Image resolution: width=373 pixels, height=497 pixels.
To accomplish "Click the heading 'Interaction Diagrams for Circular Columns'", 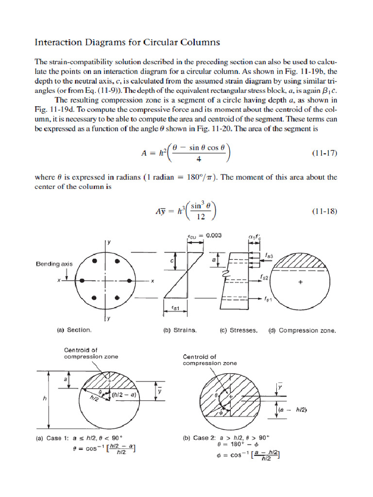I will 127,42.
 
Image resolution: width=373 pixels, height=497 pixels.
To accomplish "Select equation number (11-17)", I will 323,153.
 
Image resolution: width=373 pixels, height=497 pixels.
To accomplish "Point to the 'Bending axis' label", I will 54,264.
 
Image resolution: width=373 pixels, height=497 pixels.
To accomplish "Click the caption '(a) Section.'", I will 74,330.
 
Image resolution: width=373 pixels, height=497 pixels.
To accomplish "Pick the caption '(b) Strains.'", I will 180,331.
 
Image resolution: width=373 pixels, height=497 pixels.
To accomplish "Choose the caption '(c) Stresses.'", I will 238,331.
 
